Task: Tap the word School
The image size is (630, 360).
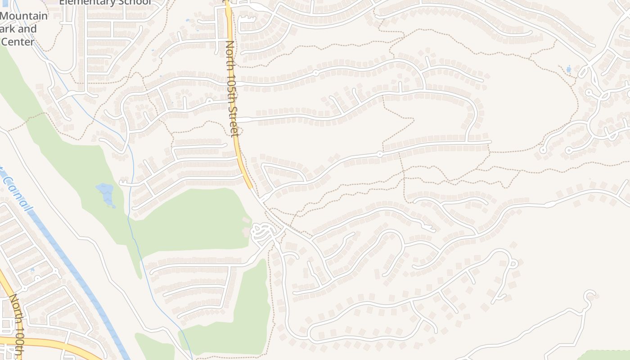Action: click(135, 2)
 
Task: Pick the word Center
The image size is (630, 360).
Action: click(18, 42)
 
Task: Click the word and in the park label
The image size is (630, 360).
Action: click(27, 29)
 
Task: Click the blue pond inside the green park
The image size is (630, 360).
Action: click(105, 194)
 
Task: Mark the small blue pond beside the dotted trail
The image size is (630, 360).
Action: click(569, 69)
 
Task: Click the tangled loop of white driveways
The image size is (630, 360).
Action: click(262, 232)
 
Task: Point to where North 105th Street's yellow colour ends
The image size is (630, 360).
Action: click(250, 188)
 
